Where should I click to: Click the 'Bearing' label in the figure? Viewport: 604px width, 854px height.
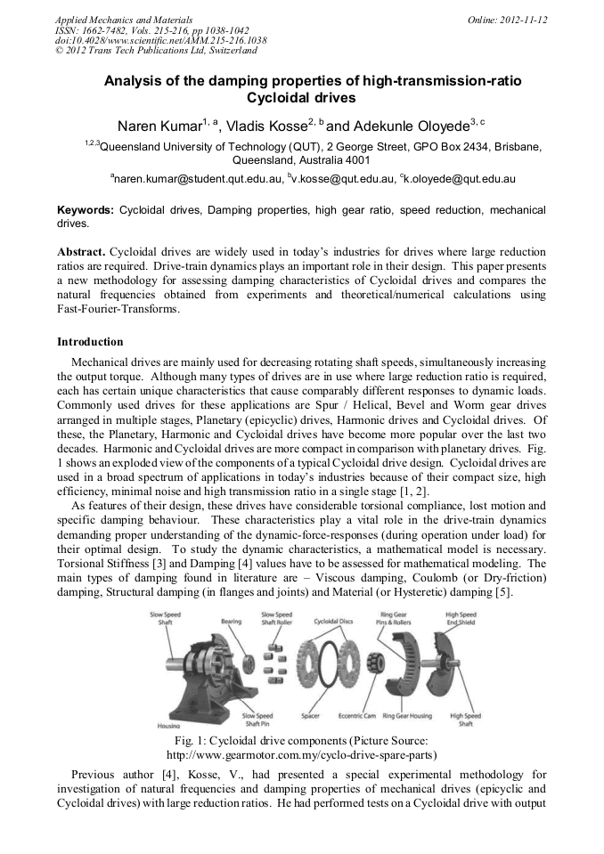point(231,621)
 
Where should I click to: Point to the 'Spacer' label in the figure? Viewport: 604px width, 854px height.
point(310,714)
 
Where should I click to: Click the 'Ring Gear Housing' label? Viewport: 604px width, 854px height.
point(407,714)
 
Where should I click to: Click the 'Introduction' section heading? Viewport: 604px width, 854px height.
point(90,342)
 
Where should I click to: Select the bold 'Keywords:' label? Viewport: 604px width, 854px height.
point(86,210)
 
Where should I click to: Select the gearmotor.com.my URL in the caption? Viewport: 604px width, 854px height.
point(301,754)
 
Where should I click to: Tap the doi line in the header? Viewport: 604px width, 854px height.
point(160,40)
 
